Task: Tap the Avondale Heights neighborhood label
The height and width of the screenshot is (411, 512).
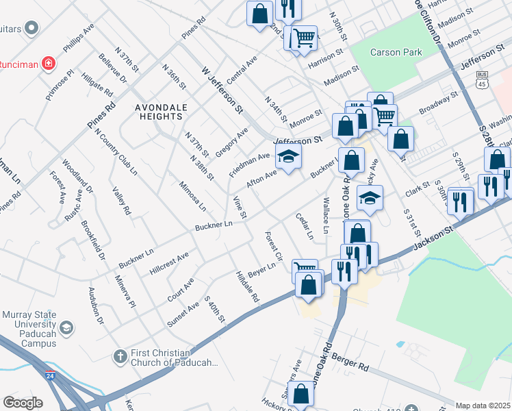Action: click(158, 112)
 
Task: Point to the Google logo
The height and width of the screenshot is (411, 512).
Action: click(23, 403)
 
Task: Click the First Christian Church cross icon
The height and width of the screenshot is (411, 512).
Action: click(120, 356)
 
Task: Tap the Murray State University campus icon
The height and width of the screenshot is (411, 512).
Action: click(66, 327)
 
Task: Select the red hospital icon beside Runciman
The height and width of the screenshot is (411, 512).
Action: click(49, 64)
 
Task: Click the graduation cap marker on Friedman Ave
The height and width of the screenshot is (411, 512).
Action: click(289, 158)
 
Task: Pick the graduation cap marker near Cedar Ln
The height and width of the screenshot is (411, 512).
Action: click(370, 199)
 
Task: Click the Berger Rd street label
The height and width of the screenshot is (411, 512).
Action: click(350, 362)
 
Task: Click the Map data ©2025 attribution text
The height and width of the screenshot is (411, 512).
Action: click(483, 406)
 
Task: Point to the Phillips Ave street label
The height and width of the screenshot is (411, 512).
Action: click(79, 43)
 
